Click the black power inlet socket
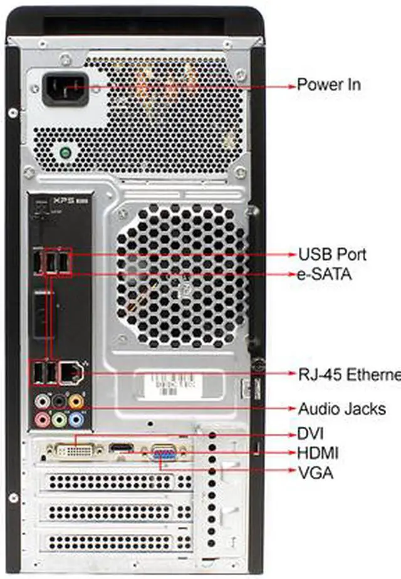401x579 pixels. [x=65, y=90]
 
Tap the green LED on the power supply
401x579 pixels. [x=65, y=152]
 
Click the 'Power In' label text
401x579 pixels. [x=328, y=84]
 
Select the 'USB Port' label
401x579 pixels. [x=332, y=254]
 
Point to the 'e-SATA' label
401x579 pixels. [x=325, y=274]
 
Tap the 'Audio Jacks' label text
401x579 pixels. [x=341, y=409]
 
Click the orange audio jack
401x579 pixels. [x=76, y=399]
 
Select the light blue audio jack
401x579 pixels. [x=76, y=418]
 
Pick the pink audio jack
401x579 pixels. [x=43, y=418]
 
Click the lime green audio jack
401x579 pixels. [x=60, y=418]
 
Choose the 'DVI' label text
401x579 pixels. [x=311, y=432]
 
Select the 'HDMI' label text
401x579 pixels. [x=318, y=452]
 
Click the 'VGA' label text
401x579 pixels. [x=315, y=472]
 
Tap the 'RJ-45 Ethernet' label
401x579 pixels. [x=348, y=374]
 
